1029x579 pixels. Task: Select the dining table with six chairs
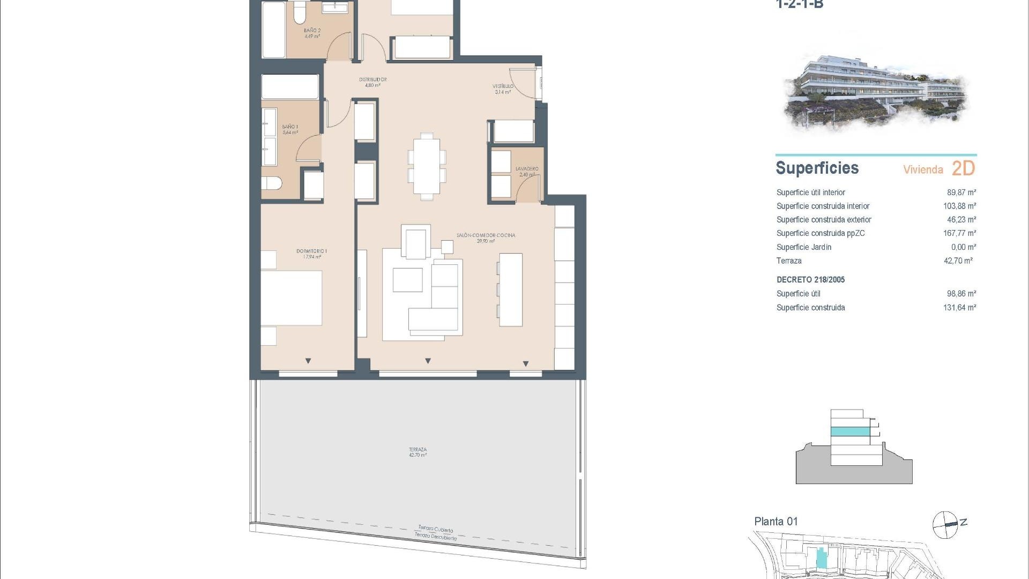pyautogui.click(x=427, y=167)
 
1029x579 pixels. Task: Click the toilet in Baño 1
pyautogui.click(x=272, y=184)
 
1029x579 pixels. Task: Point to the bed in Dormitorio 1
pyautogui.click(x=292, y=298)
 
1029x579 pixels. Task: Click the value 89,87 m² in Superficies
pyautogui.click(x=961, y=192)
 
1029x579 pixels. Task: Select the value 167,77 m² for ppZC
pyautogui.click(x=959, y=233)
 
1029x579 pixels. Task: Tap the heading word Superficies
pyautogui.click(x=817, y=168)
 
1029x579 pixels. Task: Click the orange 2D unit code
pyautogui.click(x=963, y=168)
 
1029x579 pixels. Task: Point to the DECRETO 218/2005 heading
pyautogui.click(x=810, y=280)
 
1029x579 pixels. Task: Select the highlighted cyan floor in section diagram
pyautogui.click(x=850, y=432)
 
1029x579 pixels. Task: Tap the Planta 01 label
pyautogui.click(x=776, y=521)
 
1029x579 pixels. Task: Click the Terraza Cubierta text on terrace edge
pyautogui.click(x=435, y=529)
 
